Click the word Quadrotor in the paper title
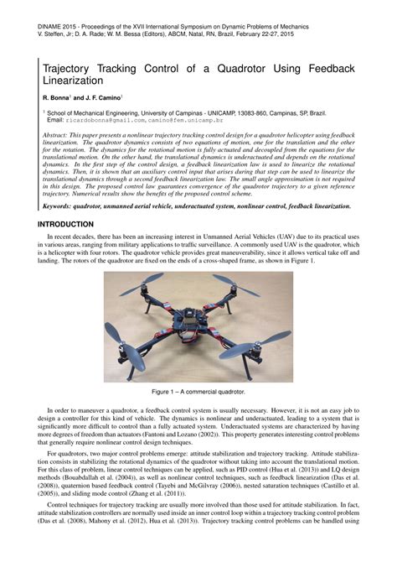point(245,65)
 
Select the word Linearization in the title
point(73,81)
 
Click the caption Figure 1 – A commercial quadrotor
point(198,392)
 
